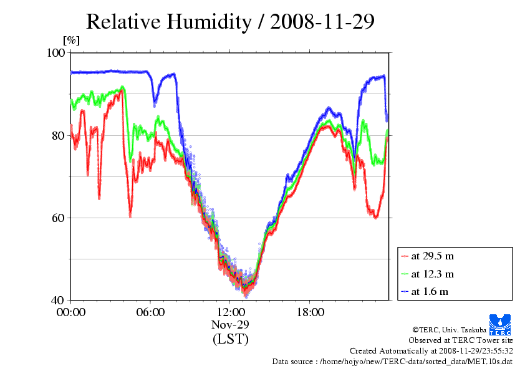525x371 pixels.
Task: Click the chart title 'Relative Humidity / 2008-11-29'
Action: [230, 21]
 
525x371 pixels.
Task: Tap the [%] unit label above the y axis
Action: [72, 41]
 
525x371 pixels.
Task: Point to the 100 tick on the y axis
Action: [57, 53]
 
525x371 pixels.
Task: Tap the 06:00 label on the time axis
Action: [150, 312]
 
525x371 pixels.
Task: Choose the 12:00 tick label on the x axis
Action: [230, 312]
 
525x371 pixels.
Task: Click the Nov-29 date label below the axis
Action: [230, 324]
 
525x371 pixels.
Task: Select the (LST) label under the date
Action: [230, 339]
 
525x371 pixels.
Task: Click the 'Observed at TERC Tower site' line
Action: [461, 340]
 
